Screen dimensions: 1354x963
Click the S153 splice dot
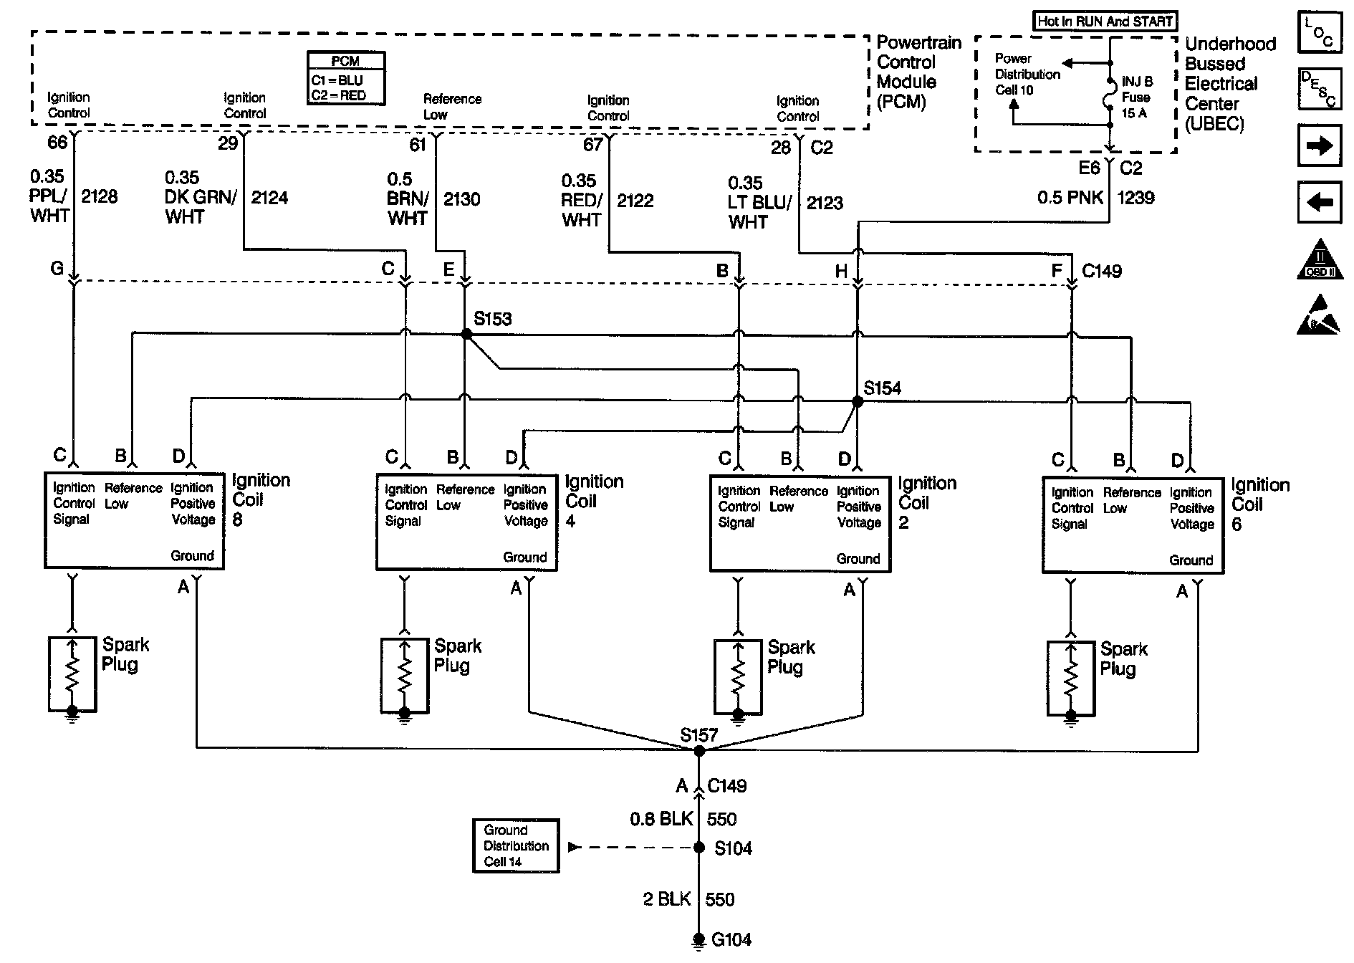click(x=466, y=334)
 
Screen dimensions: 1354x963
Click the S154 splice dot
click(x=858, y=402)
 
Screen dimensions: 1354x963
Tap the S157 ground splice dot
click(x=699, y=751)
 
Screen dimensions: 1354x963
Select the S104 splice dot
click(x=699, y=848)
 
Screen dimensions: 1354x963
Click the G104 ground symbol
click(x=699, y=941)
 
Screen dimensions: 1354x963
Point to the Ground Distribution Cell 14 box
click(x=516, y=846)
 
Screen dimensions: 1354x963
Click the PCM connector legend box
click(x=346, y=78)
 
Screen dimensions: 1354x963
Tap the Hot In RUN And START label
click(x=1105, y=21)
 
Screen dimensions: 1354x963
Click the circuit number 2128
click(x=100, y=196)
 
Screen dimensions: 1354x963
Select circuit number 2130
click(x=462, y=199)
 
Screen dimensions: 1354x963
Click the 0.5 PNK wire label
click(x=1070, y=198)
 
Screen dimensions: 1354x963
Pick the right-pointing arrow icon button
click(x=1320, y=146)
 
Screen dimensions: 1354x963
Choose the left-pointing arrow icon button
click(x=1320, y=203)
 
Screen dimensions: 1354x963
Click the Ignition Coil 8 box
click(x=134, y=521)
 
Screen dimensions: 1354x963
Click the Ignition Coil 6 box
click(x=1133, y=526)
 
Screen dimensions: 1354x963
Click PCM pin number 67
click(x=593, y=145)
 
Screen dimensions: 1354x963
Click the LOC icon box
click(x=1320, y=32)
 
